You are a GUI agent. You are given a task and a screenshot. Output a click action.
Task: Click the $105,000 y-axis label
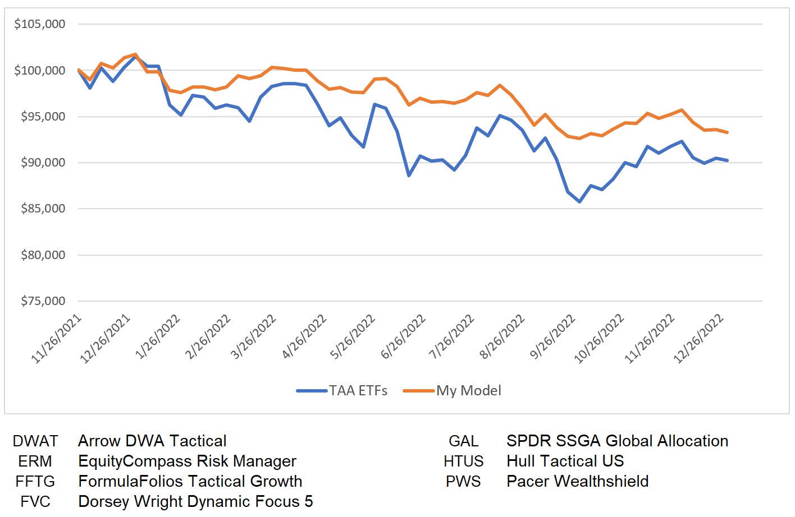40,24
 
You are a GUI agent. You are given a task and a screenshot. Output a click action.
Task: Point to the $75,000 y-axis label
43,301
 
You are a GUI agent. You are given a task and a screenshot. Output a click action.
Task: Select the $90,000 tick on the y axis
43,163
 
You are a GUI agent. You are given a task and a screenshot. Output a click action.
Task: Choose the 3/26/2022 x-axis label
254,336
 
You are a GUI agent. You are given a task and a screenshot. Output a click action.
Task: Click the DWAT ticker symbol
35,441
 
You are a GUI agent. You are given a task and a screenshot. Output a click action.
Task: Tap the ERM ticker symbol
35,461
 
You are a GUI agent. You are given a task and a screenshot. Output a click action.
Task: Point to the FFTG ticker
35,482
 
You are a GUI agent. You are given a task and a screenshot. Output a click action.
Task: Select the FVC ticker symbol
35,502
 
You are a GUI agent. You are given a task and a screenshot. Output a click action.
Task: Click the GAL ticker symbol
464,441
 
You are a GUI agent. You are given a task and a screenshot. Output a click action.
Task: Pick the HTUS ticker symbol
464,461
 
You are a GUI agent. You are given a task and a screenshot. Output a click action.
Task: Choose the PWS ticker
464,482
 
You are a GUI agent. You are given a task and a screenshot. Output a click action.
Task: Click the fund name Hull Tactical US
565,461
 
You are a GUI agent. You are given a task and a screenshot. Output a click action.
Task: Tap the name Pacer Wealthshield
577,482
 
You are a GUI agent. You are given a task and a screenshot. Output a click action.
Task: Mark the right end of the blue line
728,160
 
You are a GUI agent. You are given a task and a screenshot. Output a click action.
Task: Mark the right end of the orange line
728,132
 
